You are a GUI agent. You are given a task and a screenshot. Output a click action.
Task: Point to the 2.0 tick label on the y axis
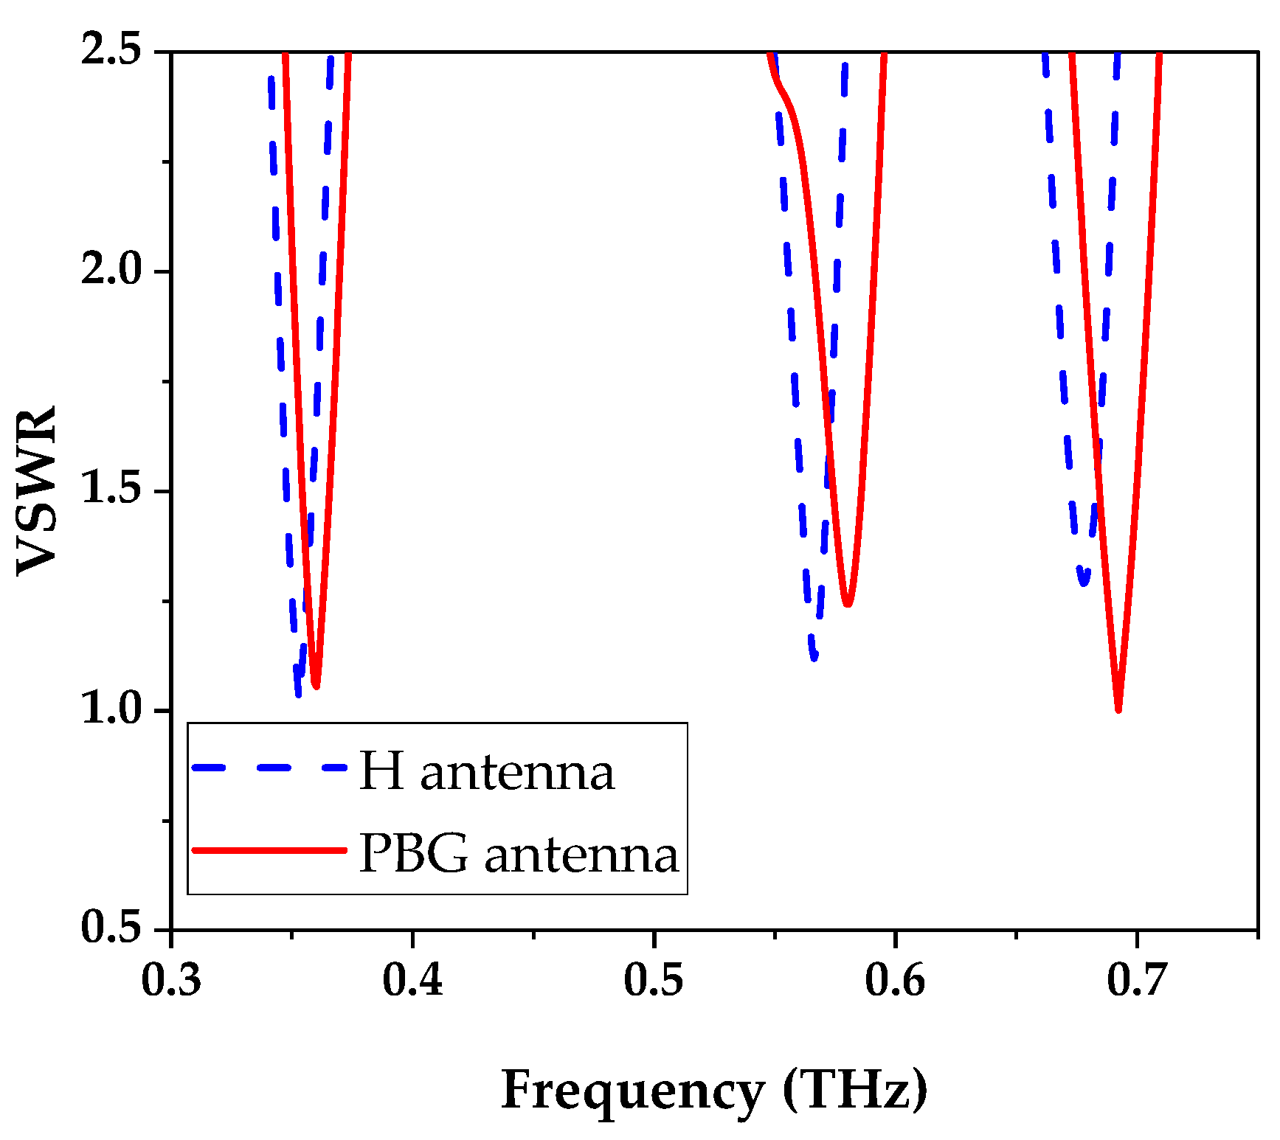[111, 271]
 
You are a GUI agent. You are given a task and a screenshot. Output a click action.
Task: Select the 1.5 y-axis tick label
[111, 490]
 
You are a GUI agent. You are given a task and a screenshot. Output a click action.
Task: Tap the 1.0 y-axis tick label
[111, 709]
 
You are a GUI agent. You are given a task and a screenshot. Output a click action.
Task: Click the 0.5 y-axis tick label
[111, 928]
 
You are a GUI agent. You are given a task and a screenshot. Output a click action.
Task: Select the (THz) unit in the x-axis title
[855, 1090]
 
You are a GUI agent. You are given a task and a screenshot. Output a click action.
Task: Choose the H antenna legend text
[486, 771]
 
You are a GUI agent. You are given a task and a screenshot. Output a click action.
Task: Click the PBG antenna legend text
[519, 854]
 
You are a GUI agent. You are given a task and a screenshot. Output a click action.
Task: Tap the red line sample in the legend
[269, 850]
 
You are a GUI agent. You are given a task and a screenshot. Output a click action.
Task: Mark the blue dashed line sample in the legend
[269, 768]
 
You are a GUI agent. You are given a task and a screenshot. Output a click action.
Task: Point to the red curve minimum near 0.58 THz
[848, 603]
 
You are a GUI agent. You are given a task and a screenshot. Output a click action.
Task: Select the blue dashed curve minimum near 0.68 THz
[1084, 582]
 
